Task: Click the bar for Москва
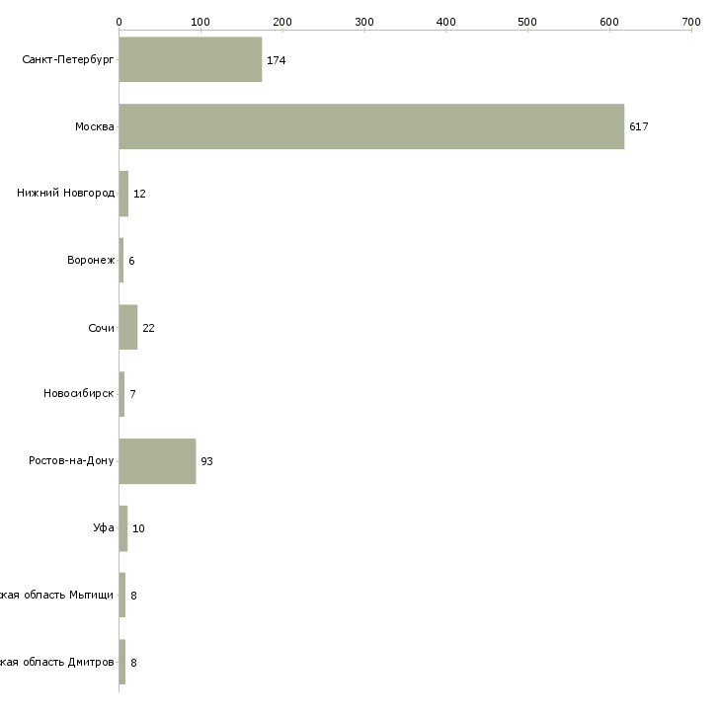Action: pyautogui.click(x=371, y=126)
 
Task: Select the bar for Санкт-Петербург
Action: pyautogui.click(x=191, y=59)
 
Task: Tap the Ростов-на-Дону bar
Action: pyautogui.click(x=157, y=461)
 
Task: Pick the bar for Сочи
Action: pyautogui.click(x=128, y=327)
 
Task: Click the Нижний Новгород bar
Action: pyautogui.click(x=123, y=194)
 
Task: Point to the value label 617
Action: pyautogui.click(x=638, y=126)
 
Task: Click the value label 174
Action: pyautogui.click(x=276, y=60)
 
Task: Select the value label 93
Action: pyautogui.click(x=206, y=461)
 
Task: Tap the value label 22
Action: pyautogui.click(x=148, y=328)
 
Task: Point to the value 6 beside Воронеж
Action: pyautogui.click(x=131, y=261)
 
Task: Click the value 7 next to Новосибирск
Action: pyautogui.click(x=132, y=394)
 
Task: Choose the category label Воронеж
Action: pyautogui.click(x=91, y=261)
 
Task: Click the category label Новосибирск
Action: pyautogui.click(x=79, y=394)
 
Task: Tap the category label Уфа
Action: pyautogui.click(x=104, y=528)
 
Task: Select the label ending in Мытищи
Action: pyautogui.click(x=57, y=596)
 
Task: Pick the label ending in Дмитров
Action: pyautogui.click(x=57, y=662)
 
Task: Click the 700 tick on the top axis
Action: pyautogui.click(x=690, y=21)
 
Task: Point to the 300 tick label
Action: pyautogui.click(x=364, y=21)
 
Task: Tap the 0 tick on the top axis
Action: pyautogui.click(x=119, y=21)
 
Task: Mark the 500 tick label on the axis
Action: pyautogui.click(x=527, y=21)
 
